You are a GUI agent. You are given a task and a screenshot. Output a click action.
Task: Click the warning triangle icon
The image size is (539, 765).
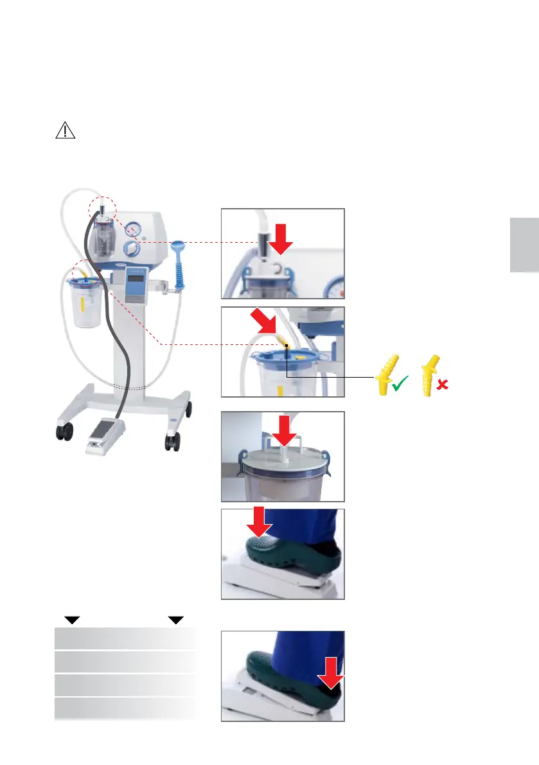65,130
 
